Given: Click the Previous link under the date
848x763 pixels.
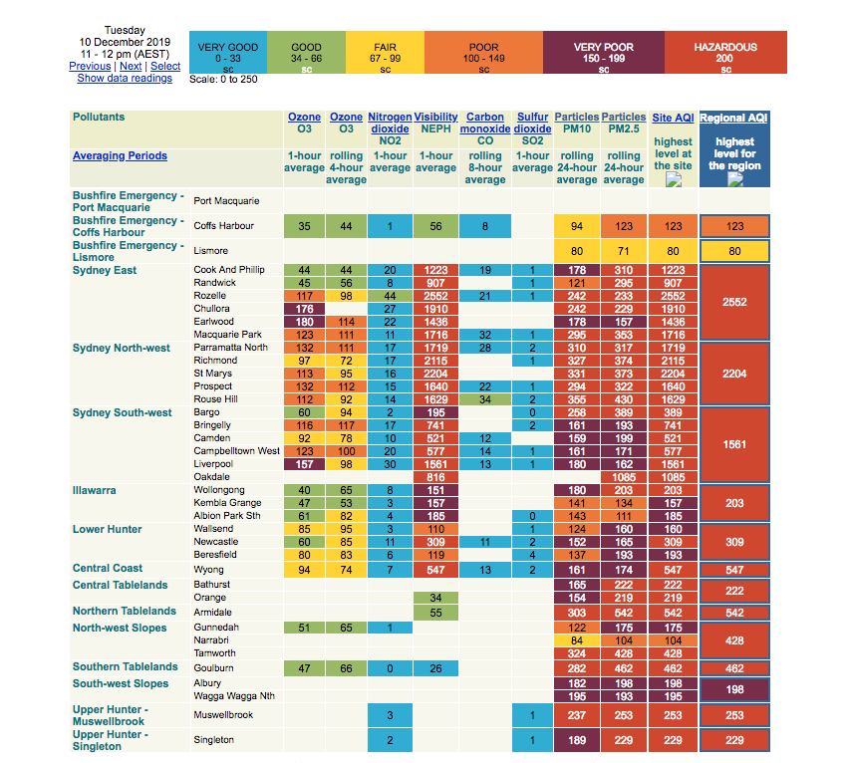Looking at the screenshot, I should pos(90,66).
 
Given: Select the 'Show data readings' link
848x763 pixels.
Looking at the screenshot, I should pos(125,78).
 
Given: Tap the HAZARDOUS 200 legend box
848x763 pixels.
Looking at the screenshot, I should pos(725,53).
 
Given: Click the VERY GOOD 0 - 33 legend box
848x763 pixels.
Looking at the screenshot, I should pos(228,53).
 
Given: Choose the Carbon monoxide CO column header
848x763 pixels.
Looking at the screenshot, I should pos(485,128).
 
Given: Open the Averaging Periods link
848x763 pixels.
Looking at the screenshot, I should pos(120,155).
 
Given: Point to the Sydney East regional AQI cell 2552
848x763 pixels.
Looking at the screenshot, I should pos(734,302).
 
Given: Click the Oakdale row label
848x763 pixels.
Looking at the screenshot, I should pos(210,477).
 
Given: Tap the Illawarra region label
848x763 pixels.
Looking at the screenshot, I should pos(94,490).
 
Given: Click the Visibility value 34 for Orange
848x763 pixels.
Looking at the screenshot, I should pos(435,598).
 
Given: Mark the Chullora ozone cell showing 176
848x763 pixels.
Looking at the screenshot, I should pos(305,309).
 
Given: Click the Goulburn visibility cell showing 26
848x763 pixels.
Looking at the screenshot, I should pos(435,668).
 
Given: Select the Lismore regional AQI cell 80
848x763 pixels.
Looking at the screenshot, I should pos(734,251).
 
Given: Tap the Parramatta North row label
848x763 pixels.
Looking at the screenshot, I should pos(230,348).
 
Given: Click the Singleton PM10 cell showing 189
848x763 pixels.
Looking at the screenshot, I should pos(576,740).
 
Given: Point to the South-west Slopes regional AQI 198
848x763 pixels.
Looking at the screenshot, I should pos(734,689).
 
